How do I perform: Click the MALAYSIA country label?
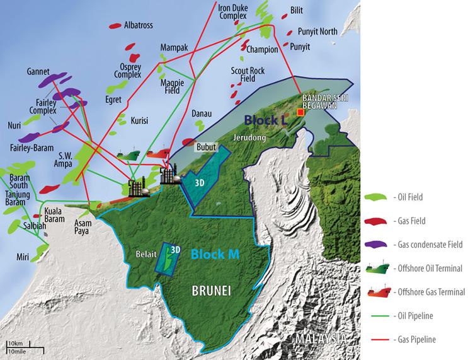pos(322,340)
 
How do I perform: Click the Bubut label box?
pos(206,146)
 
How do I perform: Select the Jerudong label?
pos(247,136)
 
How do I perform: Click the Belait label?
pos(146,256)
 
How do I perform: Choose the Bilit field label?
pos(297,10)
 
